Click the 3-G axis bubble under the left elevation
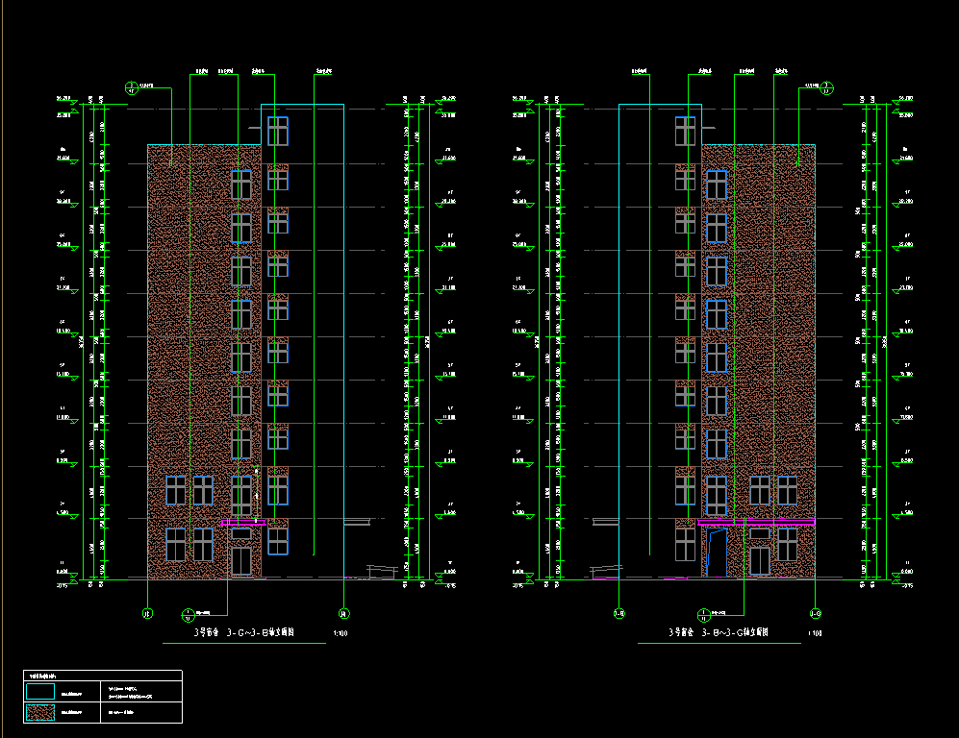[x=147, y=612]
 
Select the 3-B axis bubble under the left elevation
[x=342, y=612]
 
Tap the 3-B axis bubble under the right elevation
[x=619, y=612]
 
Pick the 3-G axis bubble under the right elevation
[x=815, y=612]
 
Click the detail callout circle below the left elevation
[x=188, y=612]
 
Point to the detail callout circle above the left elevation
[x=133, y=88]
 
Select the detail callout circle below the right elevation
[x=705, y=613]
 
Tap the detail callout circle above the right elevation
[x=827, y=88]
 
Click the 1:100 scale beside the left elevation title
[x=341, y=634]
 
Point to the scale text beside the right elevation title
[x=815, y=634]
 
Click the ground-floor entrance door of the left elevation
[x=240, y=561]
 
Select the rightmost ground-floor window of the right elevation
[x=787, y=544]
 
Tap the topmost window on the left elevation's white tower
[x=278, y=131]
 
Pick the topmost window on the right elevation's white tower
[x=685, y=131]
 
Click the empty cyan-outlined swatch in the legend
[x=39, y=691]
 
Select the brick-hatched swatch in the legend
[x=39, y=713]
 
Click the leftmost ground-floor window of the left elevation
[x=175, y=544]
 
